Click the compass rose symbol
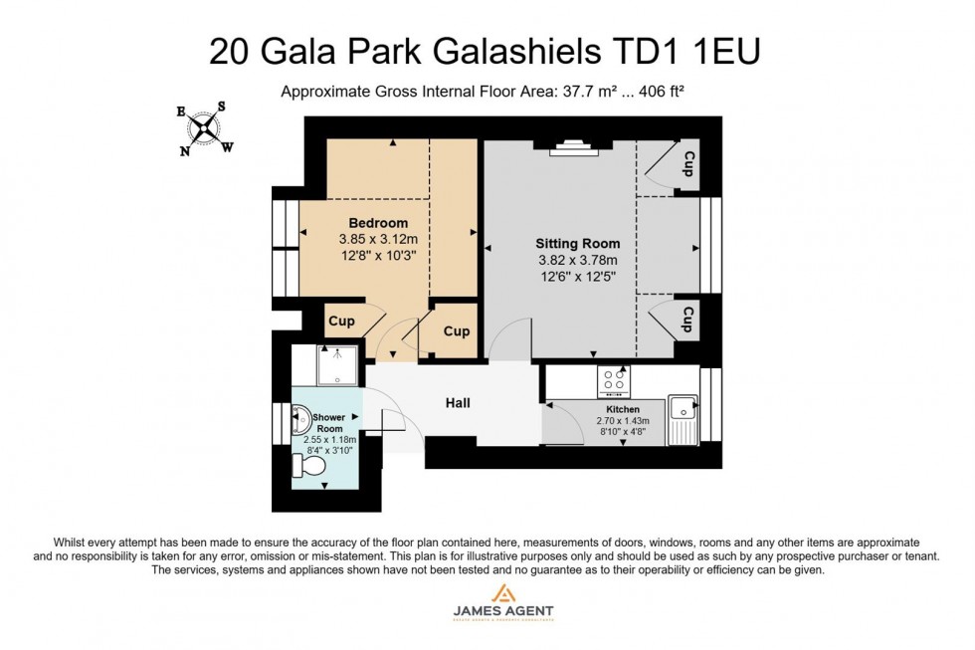pyautogui.click(x=206, y=128)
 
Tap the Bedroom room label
pyautogui.click(x=377, y=222)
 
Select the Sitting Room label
pyautogui.click(x=577, y=244)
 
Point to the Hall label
pyautogui.click(x=458, y=403)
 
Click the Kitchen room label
pyautogui.click(x=623, y=409)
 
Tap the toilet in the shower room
pyautogui.click(x=312, y=465)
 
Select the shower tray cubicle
pyautogui.click(x=340, y=365)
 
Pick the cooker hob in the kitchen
pyautogui.click(x=612, y=380)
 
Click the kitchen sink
pyautogui.click(x=682, y=408)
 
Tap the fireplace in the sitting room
pyautogui.click(x=572, y=148)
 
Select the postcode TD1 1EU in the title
pyautogui.click(x=695, y=50)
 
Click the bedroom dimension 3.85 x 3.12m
pyautogui.click(x=378, y=239)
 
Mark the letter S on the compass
pyautogui.click(x=221, y=107)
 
